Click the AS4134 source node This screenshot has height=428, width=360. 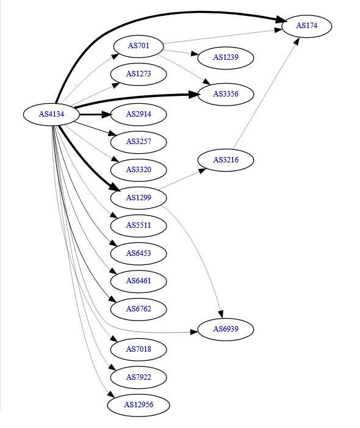51,114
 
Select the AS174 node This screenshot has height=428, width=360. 306,26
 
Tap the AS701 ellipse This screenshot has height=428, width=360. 139,46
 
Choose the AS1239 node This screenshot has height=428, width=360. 226,57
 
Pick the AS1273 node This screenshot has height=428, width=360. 139,74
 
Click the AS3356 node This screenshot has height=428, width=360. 226,94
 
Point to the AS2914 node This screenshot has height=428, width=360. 139,114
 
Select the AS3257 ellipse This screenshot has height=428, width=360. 139,142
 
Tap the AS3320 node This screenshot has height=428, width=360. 139,170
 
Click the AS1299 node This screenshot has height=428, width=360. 139,198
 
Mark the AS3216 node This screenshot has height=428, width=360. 226,160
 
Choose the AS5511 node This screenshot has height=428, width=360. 139,226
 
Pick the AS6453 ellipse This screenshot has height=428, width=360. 139,253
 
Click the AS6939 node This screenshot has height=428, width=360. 226,329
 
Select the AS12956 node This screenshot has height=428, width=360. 139,405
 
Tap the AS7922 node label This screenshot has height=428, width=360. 139,377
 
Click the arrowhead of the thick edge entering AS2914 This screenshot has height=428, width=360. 106,114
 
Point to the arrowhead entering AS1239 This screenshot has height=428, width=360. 194,54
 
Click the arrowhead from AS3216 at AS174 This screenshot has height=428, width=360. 297,41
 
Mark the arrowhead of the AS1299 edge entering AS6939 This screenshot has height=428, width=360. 221,314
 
